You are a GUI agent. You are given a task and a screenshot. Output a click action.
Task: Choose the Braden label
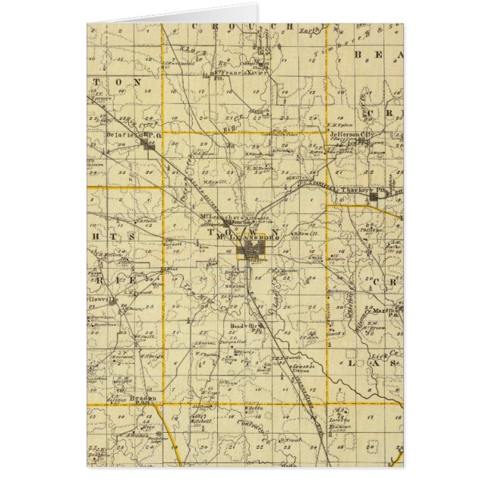tap(140, 398)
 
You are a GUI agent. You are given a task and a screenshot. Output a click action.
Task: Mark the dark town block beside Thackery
tap(374, 198)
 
